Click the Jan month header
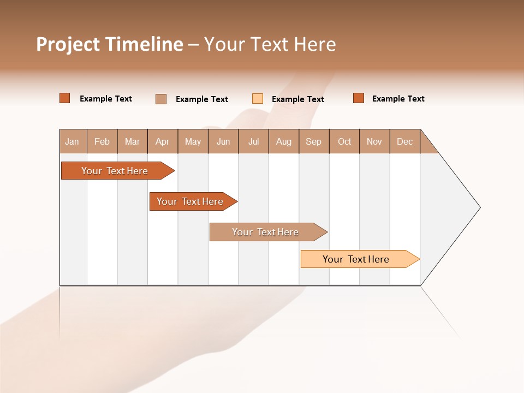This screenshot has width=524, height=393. (73, 141)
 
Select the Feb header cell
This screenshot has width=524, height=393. (102, 141)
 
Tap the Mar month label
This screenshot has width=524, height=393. (132, 141)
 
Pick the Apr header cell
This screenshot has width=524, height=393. (163, 141)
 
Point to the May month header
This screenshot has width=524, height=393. (193, 141)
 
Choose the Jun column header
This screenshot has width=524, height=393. (223, 141)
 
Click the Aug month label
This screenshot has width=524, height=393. (284, 141)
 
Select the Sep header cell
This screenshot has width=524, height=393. (314, 141)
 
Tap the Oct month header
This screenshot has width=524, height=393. (344, 141)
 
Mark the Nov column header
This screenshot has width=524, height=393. (374, 141)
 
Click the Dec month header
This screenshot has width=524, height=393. (405, 141)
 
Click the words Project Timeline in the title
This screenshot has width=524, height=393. (110, 44)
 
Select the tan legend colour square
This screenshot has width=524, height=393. (161, 99)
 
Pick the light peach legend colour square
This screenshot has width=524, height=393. (258, 99)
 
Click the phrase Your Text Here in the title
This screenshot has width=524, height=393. (270, 44)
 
